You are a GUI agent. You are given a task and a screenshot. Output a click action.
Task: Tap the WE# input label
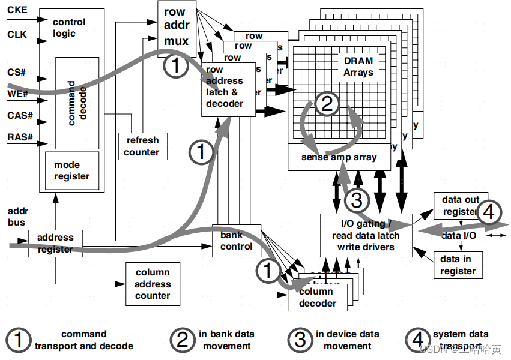point(17,94)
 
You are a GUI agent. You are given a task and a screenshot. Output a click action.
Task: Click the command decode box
point(77,103)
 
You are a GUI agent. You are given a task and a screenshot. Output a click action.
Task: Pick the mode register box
point(71,170)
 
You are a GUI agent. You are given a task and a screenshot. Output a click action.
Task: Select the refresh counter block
point(142,146)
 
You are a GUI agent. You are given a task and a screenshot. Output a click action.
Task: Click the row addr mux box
point(176,27)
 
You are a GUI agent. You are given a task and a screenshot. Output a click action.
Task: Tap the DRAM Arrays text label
point(358,67)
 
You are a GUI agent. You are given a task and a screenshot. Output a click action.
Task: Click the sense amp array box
point(339,157)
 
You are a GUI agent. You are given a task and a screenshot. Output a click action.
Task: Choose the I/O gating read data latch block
point(366,235)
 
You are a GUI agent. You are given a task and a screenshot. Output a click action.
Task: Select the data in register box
point(458,265)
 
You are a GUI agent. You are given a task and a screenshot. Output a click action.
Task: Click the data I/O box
point(459,236)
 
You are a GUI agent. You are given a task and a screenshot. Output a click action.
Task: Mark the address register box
point(55,243)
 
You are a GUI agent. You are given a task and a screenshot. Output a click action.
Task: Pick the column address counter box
point(153,284)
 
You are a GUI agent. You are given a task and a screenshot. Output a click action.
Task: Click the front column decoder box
point(317,297)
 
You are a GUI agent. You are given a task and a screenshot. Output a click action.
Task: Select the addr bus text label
point(18,217)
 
